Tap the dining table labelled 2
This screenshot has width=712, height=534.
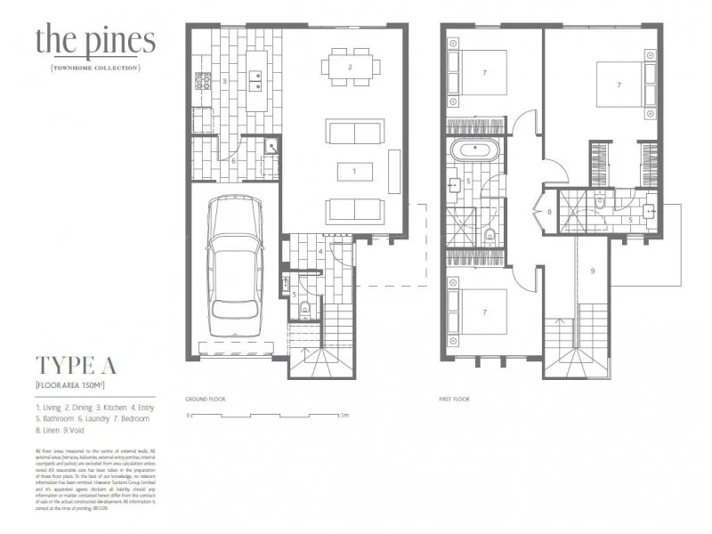click(350, 67)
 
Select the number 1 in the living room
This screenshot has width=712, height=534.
click(353, 169)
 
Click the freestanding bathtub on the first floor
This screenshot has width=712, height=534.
click(468, 150)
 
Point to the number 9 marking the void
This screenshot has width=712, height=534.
click(592, 270)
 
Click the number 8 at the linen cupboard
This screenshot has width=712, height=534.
click(549, 212)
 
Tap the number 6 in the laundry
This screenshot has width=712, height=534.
click(233, 161)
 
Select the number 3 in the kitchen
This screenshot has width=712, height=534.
click(225, 81)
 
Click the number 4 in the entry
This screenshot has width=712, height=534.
click(320, 252)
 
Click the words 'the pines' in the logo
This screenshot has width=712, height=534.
click(95, 40)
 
